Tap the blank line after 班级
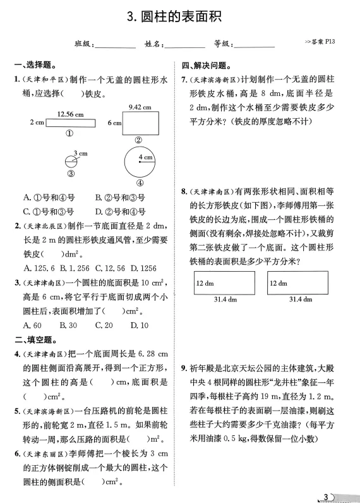115,45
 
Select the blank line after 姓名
184,45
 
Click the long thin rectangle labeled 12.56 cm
71,123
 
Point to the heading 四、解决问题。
206,65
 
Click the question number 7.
184,79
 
